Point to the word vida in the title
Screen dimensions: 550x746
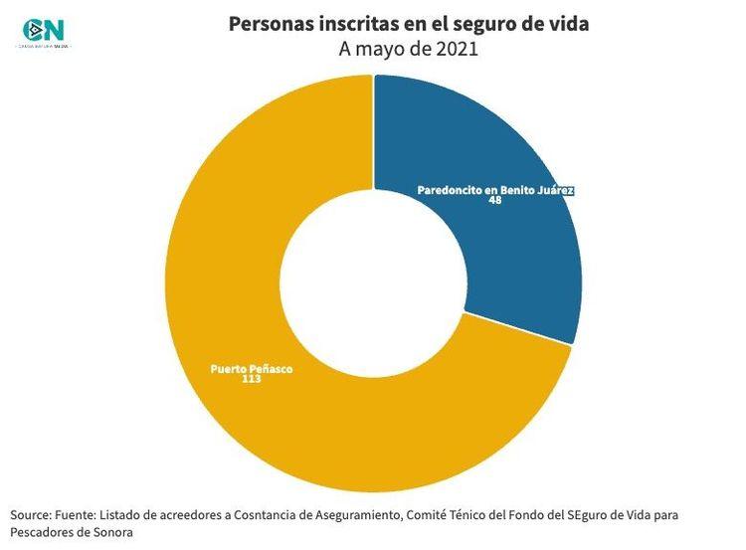568,23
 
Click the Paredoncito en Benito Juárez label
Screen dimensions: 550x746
495,189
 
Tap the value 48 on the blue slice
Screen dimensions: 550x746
494,200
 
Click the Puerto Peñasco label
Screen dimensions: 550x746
252,368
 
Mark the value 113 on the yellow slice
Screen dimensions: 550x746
252,379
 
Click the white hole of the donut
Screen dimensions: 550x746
373,282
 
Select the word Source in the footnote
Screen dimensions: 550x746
32,515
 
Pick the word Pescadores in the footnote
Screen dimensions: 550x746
43,532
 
